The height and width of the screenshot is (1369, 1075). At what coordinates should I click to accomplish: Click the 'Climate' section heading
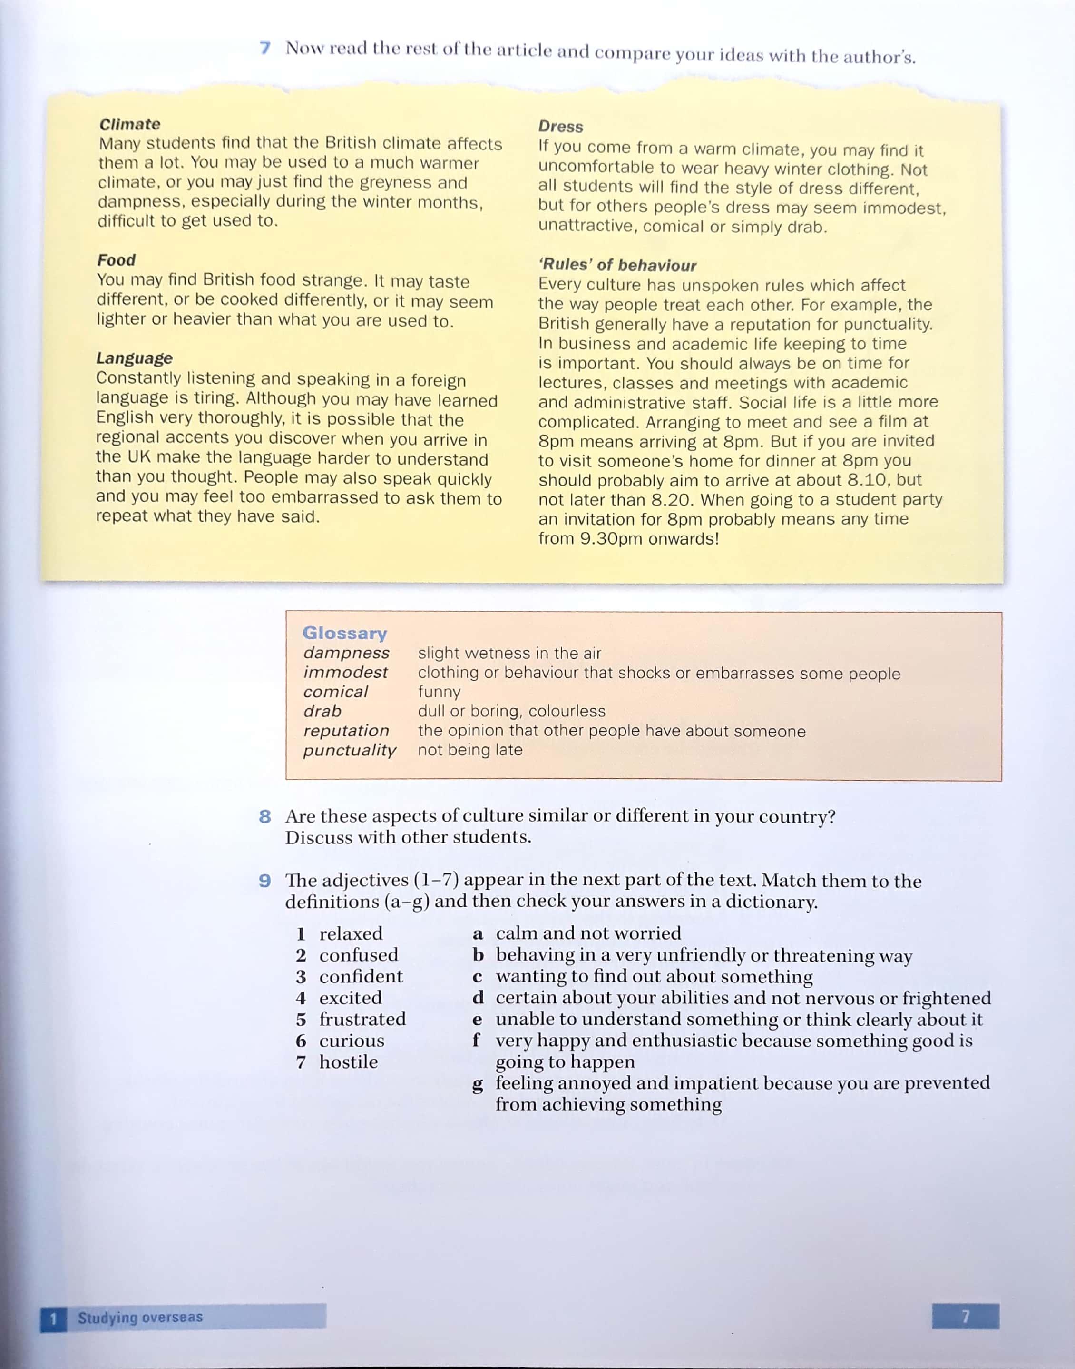(x=130, y=124)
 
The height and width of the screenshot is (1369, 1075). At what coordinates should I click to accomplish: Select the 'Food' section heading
(x=117, y=260)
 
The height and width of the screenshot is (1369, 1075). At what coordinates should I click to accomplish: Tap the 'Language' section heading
(x=134, y=358)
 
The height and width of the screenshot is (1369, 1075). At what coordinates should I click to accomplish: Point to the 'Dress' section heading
(x=560, y=127)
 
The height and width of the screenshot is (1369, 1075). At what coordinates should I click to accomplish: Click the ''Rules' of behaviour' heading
(x=617, y=265)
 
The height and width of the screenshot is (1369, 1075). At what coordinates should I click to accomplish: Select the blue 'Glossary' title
(x=344, y=633)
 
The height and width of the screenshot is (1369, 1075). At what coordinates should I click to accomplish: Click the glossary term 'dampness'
(x=346, y=653)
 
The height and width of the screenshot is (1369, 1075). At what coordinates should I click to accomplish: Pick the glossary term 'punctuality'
(x=349, y=750)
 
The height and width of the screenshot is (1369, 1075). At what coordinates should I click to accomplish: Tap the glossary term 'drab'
(x=322, y=711)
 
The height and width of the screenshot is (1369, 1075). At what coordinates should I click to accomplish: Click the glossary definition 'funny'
(x=439, y=692)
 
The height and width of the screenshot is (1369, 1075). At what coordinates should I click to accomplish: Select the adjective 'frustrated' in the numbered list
(x=362, y=1019)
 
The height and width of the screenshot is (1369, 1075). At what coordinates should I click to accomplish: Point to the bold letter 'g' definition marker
(x=478, y=1084)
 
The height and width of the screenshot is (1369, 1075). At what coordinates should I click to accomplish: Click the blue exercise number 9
(x=265, y=880)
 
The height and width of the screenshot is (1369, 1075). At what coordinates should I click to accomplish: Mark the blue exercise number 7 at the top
(x=265, y=48)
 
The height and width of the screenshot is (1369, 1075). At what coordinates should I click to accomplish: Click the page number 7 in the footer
(x=965, y=1316)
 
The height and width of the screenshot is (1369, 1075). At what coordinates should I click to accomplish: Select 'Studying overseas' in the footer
(x=140, y=1317)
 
